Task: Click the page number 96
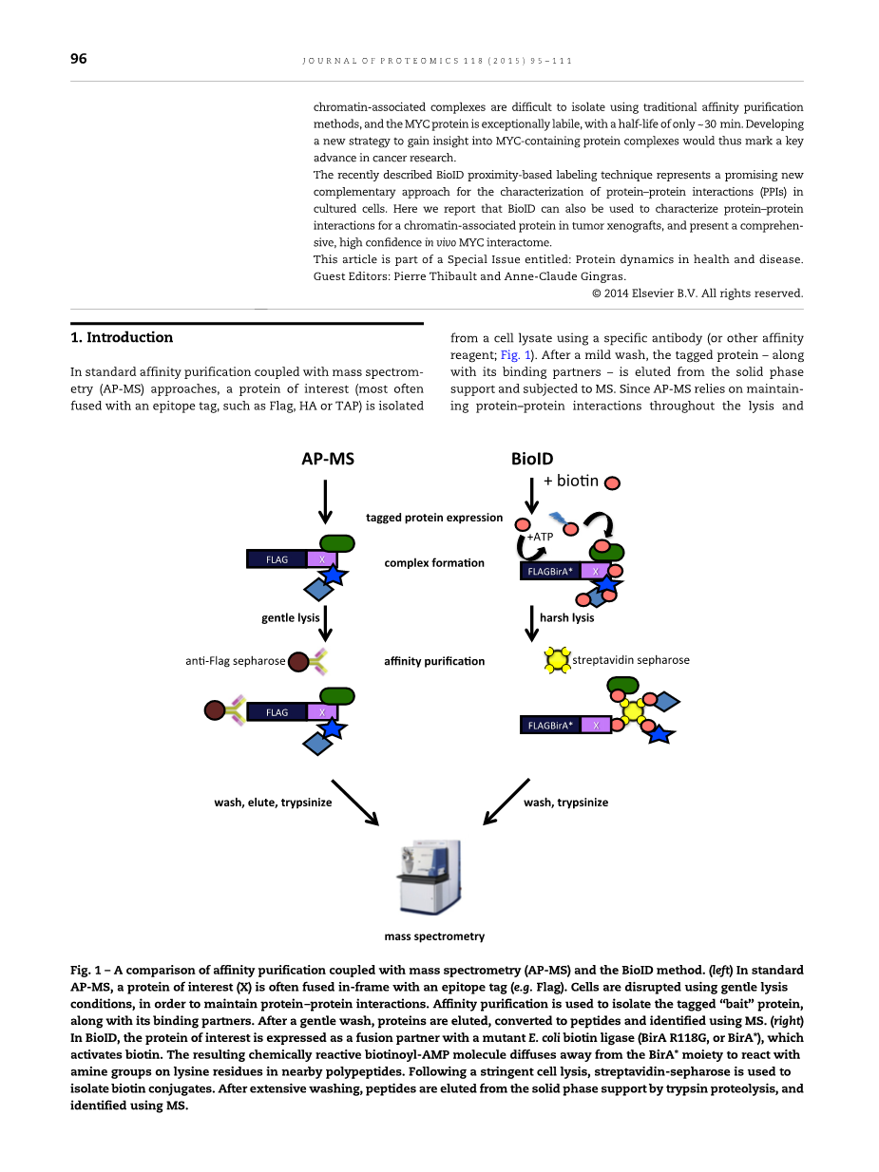point(79,59)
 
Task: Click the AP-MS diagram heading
point(327,459)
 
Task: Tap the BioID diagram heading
point(532,459)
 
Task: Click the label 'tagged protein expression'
point(434,518)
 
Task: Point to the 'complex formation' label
point(434,563)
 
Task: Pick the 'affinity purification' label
point(434,661)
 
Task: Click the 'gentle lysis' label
point(291,618)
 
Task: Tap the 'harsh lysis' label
point(567,618)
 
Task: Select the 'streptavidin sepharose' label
point(631,660)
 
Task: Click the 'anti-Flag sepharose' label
point(236,661)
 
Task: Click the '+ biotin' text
point(571,481)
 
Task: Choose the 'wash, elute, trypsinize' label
point(273,803)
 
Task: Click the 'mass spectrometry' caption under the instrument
point(434,936)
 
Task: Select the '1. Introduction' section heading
point(122,337)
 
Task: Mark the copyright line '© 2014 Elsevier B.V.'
point(697,293)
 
